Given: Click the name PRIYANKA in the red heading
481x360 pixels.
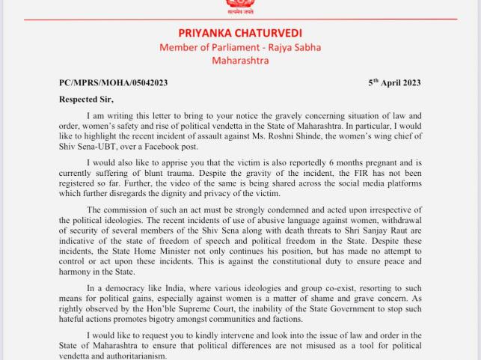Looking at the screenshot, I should tap(206, 33).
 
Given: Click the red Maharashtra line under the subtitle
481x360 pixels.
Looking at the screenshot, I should tap(239, 61).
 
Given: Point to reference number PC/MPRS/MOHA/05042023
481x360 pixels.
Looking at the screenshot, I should tap(113, 83).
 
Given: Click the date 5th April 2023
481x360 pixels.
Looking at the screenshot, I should tap(394, 82).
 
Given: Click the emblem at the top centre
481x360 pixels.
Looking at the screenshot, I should tap(240, 7).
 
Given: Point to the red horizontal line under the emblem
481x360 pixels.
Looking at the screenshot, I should tap(240, 19).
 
